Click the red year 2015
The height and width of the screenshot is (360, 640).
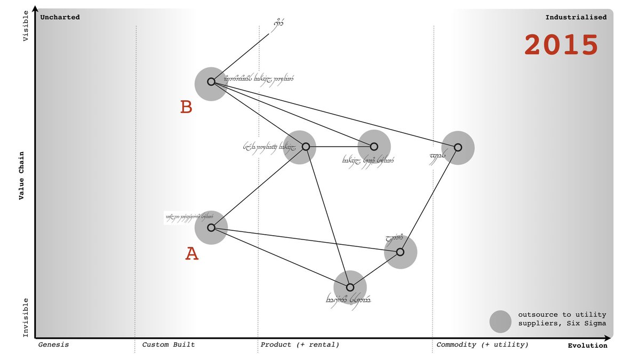pos(561,45)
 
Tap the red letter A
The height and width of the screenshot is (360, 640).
pos(192,254)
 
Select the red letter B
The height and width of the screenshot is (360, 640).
pos(186,107)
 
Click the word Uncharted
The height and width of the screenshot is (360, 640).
pos(60,17)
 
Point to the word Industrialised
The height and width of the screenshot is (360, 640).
pos(575,17)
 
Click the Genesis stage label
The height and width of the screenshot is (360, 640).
pos(53,345)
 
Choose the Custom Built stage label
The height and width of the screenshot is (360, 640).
pos(169,345)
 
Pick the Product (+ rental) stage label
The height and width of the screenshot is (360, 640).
pos(300,345)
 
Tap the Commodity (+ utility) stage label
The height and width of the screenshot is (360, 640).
pos(483,345)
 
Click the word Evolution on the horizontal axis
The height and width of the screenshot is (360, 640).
pos(587,346)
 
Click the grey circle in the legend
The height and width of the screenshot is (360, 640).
pos(500,322)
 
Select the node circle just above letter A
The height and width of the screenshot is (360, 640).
pos(211,228)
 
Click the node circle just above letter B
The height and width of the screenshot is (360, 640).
pos(211,82)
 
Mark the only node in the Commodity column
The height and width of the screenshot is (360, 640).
pos(458,147)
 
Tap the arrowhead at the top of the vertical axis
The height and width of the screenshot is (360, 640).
pos(35,8)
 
